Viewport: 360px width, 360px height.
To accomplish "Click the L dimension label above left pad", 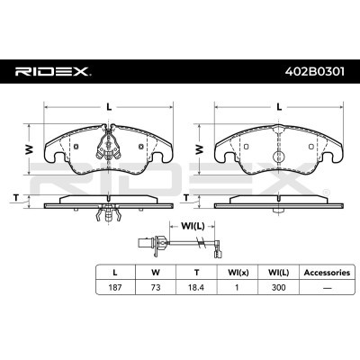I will coord(109,107).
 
